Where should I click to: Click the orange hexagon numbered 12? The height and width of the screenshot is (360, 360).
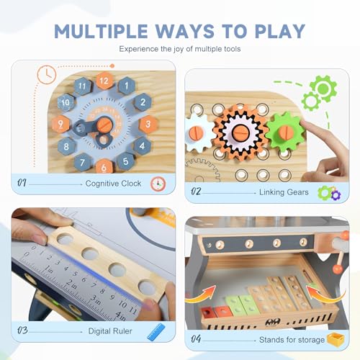104,81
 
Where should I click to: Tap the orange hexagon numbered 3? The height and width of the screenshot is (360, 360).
148,124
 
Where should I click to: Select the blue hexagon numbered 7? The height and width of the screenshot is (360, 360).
82,162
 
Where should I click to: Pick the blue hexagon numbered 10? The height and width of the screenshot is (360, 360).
66,102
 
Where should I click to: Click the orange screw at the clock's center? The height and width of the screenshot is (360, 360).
104,125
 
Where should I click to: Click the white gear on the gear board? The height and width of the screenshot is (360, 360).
199,132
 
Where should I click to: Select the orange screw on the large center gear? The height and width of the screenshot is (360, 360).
240,132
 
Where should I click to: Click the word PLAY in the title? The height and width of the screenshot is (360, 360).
280,31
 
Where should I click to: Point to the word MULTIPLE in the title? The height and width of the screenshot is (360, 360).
101,31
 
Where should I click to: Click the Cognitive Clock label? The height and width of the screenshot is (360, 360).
113,184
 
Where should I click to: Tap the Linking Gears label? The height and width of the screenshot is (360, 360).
284,192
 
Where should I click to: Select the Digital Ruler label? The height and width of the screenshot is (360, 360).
110,331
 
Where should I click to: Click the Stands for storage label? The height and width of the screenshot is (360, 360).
292,340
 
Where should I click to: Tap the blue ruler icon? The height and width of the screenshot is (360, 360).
156,332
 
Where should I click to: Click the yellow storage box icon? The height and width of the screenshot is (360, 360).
336,339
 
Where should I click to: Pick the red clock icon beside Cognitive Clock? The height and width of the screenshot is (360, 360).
158,184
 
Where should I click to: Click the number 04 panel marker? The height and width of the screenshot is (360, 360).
196,339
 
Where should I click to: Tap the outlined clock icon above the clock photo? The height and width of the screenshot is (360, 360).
47,75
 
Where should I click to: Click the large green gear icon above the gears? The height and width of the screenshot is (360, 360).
323,89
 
